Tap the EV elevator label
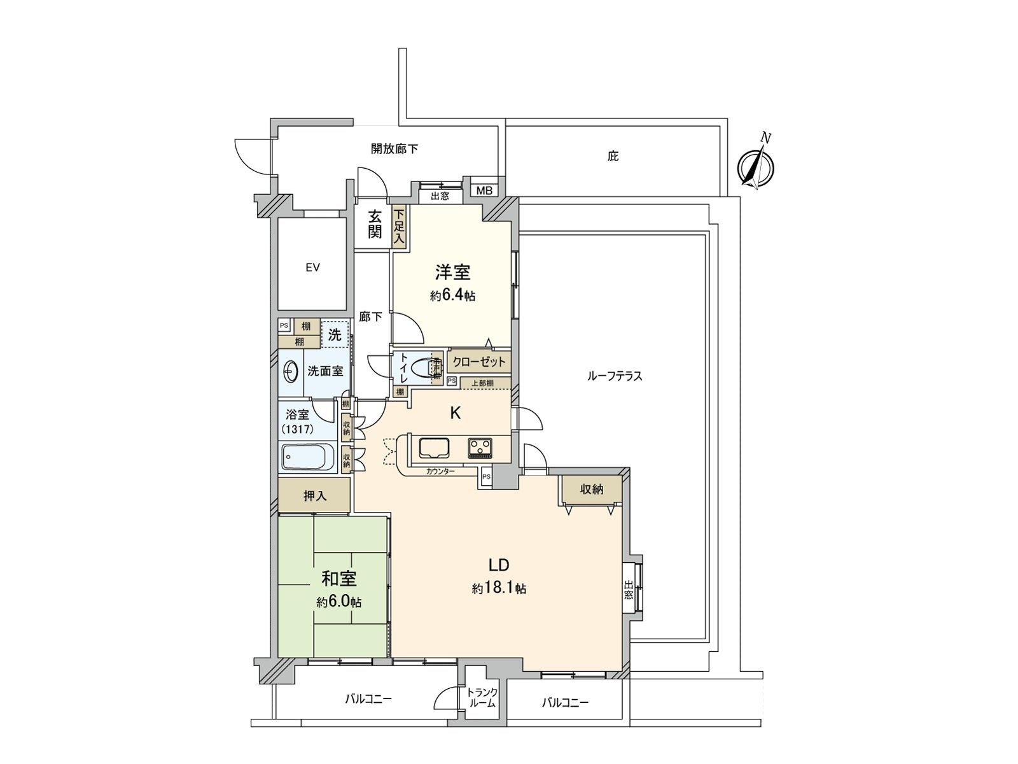point(312,268)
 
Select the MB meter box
point(484,190)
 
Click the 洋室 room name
point(452,272)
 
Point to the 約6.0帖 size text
point(338,602)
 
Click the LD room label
point(499,565)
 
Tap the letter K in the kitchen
point(456,413)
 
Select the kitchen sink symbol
point(434,448)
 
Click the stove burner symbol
point(482,448)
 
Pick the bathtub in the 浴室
point(307,458)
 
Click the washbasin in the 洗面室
point(291,371)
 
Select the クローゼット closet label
point(479,362)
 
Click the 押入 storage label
point(314,495)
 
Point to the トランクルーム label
point(482,698)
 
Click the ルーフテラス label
point(615,376)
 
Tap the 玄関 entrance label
point(374,224)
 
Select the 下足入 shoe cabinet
point(400,227)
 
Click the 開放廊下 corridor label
point(394,149)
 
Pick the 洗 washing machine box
point(335,334)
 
